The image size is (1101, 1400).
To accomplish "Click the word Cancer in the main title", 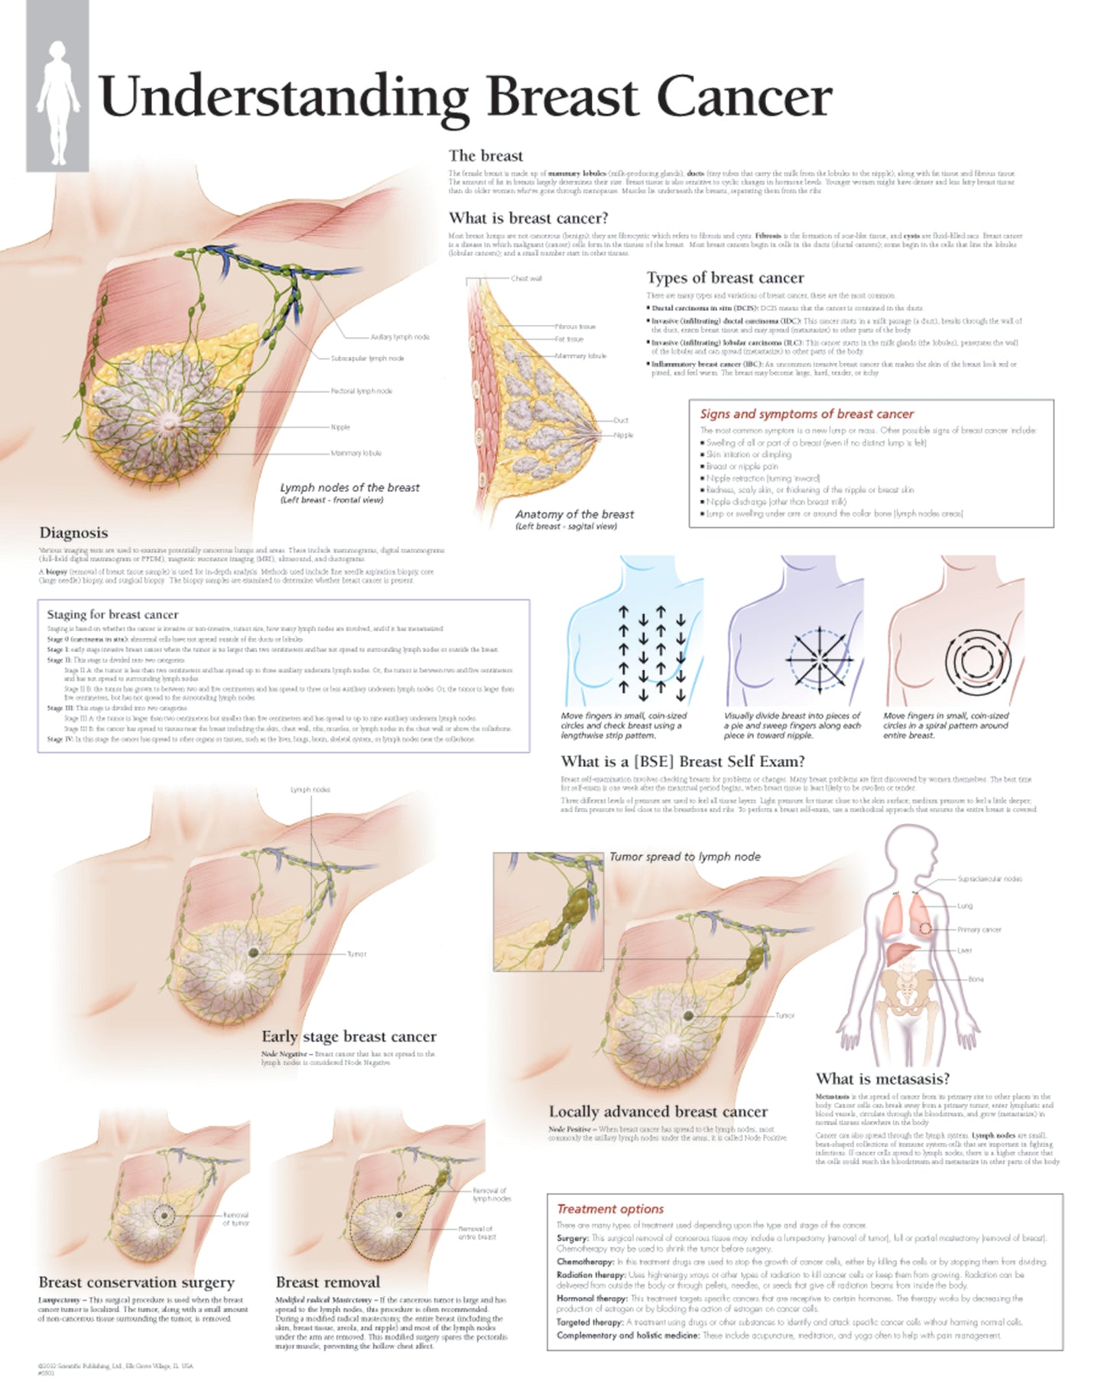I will (x=743, y=98).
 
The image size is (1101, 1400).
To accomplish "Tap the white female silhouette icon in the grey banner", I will (x=58, y=102).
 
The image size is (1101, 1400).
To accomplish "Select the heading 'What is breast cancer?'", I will (x=528, y=219).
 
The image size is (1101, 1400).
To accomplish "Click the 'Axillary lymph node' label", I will (x=400, y=337).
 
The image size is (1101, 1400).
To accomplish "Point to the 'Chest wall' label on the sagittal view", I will (x=526, y=279).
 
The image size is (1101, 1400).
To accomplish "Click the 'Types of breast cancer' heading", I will (x=725, y=278).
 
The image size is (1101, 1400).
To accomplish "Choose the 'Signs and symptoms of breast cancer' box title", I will (x=807, y=414).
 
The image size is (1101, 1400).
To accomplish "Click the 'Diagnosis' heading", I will (x=73, y=533).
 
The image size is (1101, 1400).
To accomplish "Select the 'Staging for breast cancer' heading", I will (x=112, y=614).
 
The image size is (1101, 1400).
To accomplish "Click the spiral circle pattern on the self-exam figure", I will (x=978, y=662).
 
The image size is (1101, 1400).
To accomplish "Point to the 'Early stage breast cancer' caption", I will (x=349, y=1037).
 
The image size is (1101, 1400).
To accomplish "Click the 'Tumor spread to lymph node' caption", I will (x=684, y=857).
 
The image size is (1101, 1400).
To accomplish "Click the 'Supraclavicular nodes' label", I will (x=989, y=880).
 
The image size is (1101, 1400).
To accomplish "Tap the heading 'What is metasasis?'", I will (x=882, y=1079).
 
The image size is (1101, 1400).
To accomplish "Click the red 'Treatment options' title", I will (x=610, y=1209).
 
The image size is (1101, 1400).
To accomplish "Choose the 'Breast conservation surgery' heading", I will (x=137, y=1282).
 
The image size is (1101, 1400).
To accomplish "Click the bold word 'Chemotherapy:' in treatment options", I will (x=585, y=1262).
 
